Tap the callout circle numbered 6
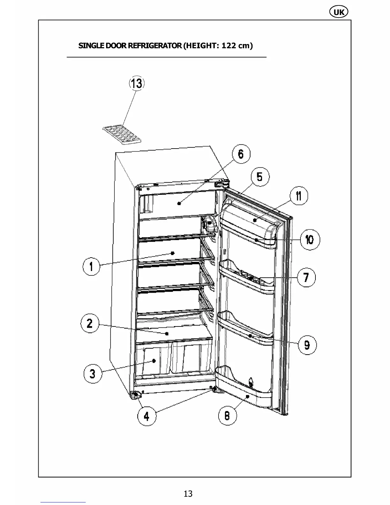[241, 154]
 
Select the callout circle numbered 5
[260, 176]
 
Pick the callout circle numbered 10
[310, 239]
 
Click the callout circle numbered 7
[306, 277]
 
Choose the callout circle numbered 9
[307, 345]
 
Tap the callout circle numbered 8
[227, 415]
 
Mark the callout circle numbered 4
[147, 416]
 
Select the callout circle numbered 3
[92, 373]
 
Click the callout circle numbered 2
[90, 323]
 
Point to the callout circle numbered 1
[91, 266]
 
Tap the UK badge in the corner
[338, 12]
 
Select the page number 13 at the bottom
[188, 494]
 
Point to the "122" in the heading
[229, 45]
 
